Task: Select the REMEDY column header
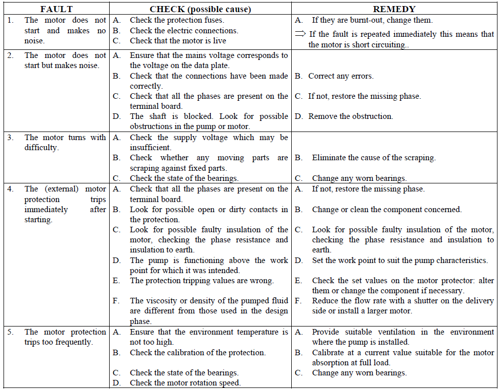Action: pyautogui.click(x=395, y=9)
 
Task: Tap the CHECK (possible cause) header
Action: pyautogui.click(x=200, y=9)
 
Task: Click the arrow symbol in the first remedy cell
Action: pyautogui.click(x=300, y=34)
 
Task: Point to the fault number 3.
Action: pyautogui.click(x=11, y=137)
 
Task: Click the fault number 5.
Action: pyautogui.click(x=11, y=332)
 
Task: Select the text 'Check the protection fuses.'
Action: pyautogui.click(x=177, y=20)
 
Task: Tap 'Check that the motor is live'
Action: pyautogui.click(x=178, y=40)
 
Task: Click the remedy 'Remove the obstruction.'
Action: pyautogui.click(x=351, y=116)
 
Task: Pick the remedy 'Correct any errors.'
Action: pyautogui.click(x=341, y=76)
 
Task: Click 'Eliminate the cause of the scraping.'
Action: pyautogui.click(x=374, y=158)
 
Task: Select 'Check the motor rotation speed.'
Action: pyautogui.click(x=185, y=382)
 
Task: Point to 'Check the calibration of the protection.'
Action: pyautogui.click(x=198, y=352)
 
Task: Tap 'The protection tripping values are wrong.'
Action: pyautogui.click(x=202, y=280)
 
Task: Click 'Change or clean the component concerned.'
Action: pyautogui.click(x=386, y=209)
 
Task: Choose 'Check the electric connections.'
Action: pyautogui.click(x=184, y=30)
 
